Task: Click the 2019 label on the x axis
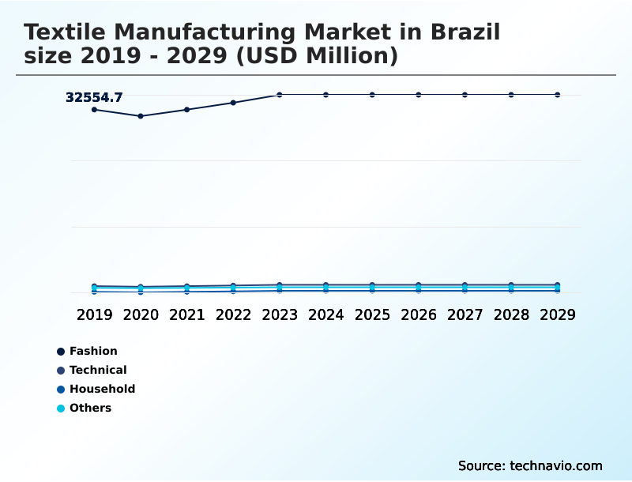coord(94,314)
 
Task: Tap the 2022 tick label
coord(233,314)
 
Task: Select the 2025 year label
coord(372,314)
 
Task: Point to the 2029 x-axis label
coord(557,314)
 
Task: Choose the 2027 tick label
coord(465,314)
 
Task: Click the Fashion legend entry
coord(93,351)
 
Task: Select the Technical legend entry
coord(98,370)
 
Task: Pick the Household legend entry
coord(102,389)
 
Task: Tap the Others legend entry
coord(90,408)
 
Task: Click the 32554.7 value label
coord(94,98)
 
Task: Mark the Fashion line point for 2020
coord(141,116)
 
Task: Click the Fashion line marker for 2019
coord(94,109)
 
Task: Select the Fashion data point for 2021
coord(186,110)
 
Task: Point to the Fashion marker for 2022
coord(233,103)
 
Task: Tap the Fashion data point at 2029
coord(557,95)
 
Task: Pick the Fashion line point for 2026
coord(419,95)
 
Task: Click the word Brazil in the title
coord(465,32)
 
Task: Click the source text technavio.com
coord(556,465)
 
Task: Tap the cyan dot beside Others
coord(61,409)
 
